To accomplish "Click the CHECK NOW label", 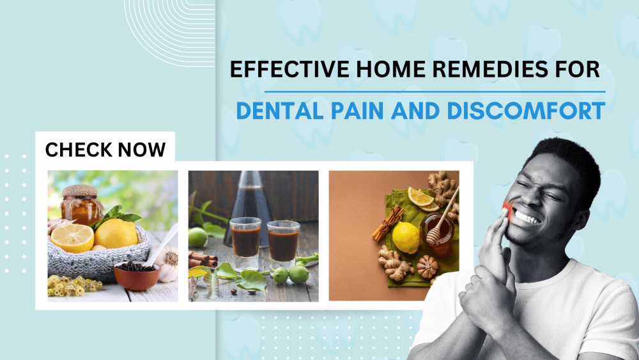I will [x=105, y=150].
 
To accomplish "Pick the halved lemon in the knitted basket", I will [x=72, y=237].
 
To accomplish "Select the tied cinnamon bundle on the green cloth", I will [x=388, y=221].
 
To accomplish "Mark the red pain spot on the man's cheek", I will [x=506, y=209].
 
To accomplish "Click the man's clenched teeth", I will [x=528, y=217].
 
